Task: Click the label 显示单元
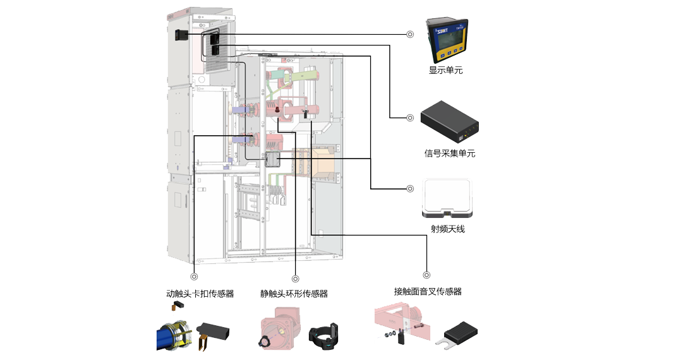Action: click(x=445, y=70)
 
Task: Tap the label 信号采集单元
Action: click(x=449, y=153)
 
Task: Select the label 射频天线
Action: click(x=447, y=229)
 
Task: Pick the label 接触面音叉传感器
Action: click(x=427, y=291)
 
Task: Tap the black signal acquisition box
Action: click(x=450, y=122)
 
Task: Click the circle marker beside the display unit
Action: click(x=410, y=35)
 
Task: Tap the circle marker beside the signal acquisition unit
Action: click(x=410, y=117)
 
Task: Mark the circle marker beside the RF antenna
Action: click(x=410, y=188)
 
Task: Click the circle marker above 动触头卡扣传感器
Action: click(x=194, y=275)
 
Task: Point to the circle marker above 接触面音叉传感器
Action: click(x=426, y=275)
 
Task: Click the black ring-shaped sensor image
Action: click(x=324, y=335)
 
